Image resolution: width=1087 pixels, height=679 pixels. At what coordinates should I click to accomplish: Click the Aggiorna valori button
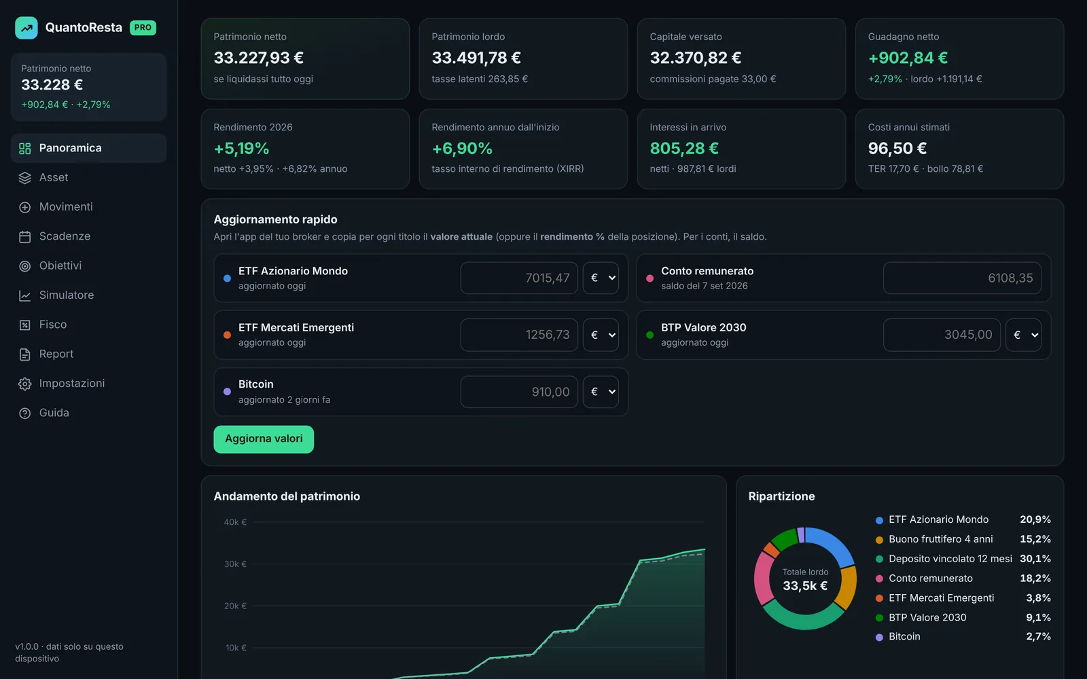click(264, 439)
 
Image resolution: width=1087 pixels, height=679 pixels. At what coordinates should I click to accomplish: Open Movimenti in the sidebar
click(65, 206)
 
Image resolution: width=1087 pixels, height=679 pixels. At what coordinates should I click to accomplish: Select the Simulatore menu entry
click(66, 295)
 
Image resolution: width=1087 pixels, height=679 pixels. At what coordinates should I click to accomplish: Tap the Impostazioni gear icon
click(24, 384)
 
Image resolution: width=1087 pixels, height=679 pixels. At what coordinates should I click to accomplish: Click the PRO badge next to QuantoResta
click(143, 28)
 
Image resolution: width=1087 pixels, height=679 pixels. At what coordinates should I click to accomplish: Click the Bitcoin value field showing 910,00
click(519, 391)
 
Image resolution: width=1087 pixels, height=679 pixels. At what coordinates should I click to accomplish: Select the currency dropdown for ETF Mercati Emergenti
click(601, 335)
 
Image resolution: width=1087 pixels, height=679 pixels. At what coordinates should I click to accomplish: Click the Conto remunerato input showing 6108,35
click(962, 278)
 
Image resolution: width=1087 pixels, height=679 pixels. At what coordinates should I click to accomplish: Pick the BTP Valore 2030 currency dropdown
click(1023, 335)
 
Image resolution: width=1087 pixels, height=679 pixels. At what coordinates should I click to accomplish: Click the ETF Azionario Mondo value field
click(519, 278)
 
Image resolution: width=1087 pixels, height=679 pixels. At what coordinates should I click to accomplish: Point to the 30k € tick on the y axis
click(235, 564)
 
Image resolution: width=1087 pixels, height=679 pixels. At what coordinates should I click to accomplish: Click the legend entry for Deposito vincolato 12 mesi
click(950, 559)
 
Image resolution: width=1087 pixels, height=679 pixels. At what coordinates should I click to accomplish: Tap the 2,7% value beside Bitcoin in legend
click(1038, 636)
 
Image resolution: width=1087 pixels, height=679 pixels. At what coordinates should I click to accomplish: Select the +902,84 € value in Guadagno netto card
click(908, 58)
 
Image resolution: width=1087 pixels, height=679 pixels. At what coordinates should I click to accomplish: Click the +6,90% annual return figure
click(462, 149)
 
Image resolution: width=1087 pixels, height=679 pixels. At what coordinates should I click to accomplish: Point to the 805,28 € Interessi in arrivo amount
click(683, 149)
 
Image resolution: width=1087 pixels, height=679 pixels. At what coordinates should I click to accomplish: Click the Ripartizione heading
click(781, 496)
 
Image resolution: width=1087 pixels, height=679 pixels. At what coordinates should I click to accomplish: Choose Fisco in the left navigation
click(53, 325)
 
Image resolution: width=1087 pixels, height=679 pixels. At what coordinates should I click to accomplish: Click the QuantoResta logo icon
click(26, 28)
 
